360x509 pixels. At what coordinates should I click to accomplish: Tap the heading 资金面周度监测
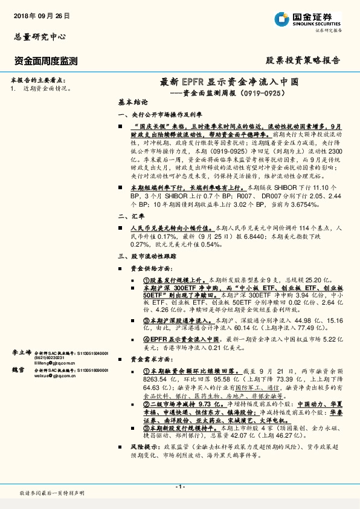click(46, 60)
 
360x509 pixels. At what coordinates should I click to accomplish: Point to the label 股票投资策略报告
click(303, 60)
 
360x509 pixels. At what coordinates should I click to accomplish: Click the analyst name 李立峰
click(22, 351)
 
